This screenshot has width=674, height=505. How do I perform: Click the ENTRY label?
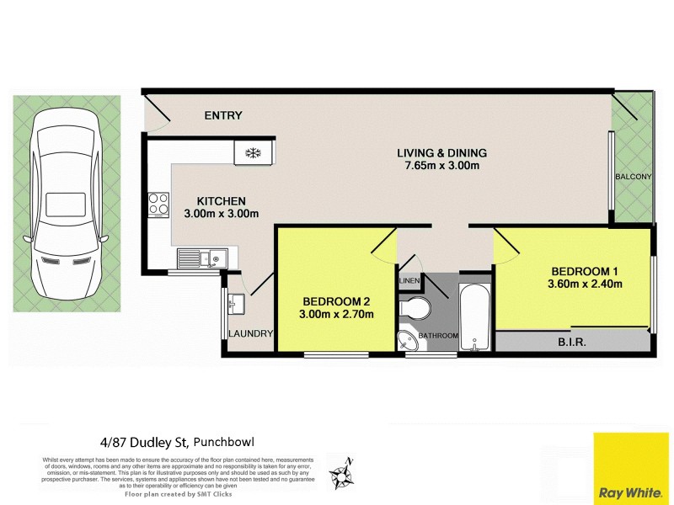[x=222, y=115]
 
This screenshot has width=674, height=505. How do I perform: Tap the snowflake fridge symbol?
[x=251, y=152]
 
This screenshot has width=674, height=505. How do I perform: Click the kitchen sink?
[x=199, y=257]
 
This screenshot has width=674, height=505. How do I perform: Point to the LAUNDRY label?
[x=251, y=334]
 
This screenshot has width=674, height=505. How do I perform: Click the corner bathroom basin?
[x=409, y=340]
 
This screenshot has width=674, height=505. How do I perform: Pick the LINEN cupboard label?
[x=409, y=280]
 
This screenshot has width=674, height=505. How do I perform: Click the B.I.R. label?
[x=571, y=343]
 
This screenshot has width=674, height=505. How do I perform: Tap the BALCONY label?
[x=633, y=177]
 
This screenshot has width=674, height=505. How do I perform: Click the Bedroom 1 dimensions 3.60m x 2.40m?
[x=586, y=284]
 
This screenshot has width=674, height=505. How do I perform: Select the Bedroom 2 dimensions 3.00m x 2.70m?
[x=337, y=315]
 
